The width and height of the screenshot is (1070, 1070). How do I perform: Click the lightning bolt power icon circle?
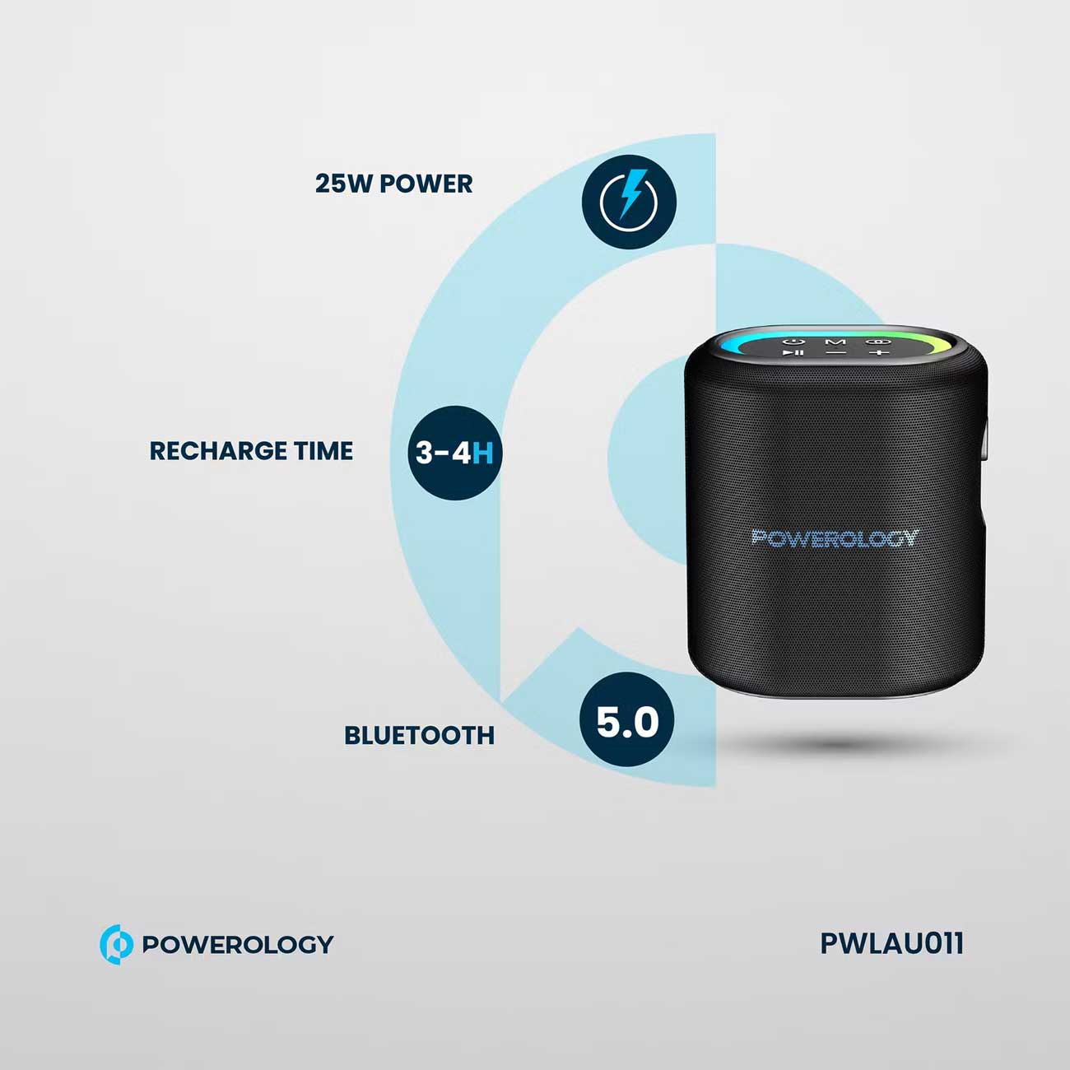pos(629,202)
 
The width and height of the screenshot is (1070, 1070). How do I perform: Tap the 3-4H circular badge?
pos(454,453)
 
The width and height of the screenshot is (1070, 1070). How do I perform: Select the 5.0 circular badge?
pos(627,720)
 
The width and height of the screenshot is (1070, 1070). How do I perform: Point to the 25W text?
pos(344,184)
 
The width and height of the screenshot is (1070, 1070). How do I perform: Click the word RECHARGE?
pos(218,451)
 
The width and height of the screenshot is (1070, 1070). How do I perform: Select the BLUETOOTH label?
pos(419,735)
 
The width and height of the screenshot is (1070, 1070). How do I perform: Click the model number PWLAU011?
pos(891,943)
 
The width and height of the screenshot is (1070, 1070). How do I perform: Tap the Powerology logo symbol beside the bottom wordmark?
pos(116,944)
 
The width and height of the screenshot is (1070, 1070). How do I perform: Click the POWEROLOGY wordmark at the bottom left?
pos(238,944)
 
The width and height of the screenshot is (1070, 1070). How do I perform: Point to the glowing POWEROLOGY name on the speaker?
pos(835,538)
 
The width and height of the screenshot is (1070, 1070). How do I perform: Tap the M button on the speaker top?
pos(835,342)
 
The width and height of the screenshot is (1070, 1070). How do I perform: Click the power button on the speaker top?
pos(794,341)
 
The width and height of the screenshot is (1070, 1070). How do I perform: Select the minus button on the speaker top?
pos(836,353)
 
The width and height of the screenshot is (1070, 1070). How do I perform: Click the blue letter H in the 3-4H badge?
pos(483,453)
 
